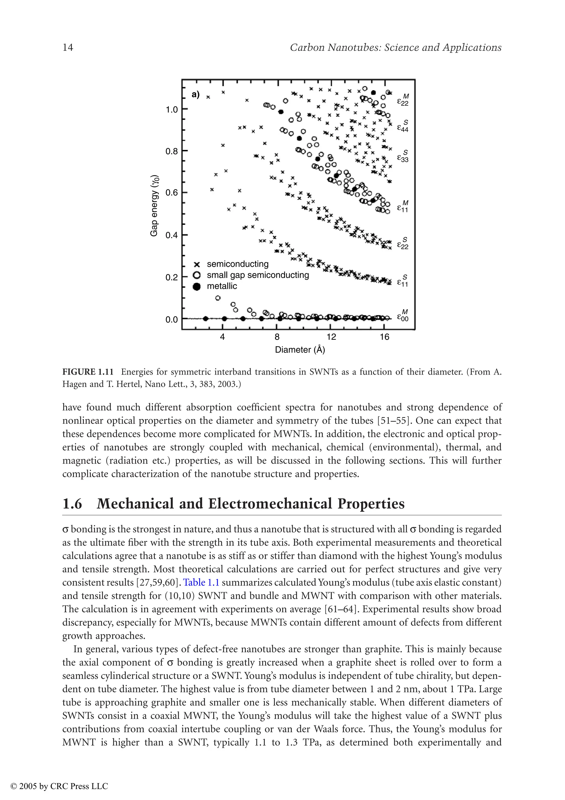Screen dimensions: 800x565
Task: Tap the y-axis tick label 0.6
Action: coord(171,193)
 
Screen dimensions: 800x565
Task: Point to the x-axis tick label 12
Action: coord(331,337)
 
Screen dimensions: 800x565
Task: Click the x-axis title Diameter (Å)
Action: coord(300,350)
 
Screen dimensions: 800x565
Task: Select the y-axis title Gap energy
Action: coord(154,206)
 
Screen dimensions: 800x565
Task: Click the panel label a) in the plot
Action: coord(196,94)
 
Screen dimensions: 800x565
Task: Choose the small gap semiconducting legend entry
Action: coord(258,275)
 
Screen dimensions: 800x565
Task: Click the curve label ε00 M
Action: coord(403,316)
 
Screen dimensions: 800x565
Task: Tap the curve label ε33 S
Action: coord(403,157)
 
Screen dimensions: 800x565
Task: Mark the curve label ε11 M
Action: coord(403,206)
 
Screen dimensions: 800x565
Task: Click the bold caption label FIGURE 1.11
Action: coord(88,372)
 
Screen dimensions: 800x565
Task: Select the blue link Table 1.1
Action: coord(201,582)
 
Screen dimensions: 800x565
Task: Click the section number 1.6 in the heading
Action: coord(72,504)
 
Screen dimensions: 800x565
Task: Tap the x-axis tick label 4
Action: coord(222,337)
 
